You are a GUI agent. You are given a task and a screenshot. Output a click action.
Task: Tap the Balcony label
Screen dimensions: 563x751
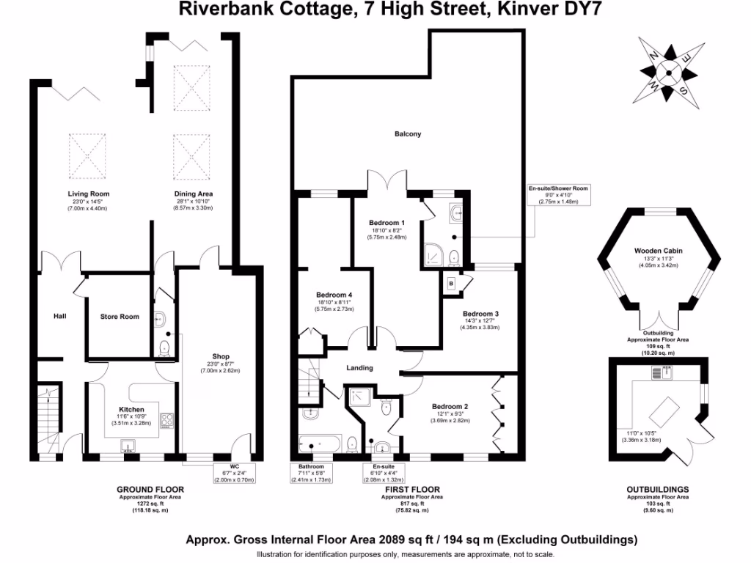click(408, 134)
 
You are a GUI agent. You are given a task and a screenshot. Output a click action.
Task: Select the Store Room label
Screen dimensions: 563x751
click(120, 317)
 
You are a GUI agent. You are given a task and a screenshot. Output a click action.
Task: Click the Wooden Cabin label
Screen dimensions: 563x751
click(658, 251)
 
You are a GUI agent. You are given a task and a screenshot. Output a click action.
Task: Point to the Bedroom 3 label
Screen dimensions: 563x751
click(480, 313)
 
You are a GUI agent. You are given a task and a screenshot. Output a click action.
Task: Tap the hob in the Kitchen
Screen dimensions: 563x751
click(166, 420)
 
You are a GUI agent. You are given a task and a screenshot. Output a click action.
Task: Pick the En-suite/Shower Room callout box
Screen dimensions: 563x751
click(559, 194)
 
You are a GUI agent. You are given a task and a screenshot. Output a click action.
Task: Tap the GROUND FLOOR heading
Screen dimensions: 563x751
click(150, 489)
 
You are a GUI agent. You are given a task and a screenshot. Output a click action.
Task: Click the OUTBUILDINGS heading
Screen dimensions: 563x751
click(658, 489)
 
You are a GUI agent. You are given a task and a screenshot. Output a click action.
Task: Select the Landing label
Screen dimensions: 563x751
click(359, 367)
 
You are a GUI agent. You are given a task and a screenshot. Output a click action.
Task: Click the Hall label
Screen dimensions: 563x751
click(59, 316)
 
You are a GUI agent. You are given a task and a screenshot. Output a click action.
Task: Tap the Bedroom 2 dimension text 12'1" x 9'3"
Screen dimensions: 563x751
click(450, 415)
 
